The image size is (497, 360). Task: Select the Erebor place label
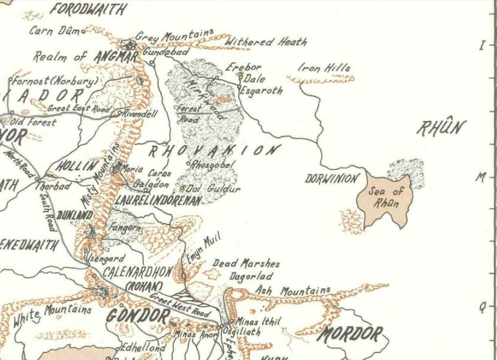coord(244,68)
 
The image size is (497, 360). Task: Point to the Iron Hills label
coord(324,68)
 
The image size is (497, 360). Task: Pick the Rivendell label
coord(140,114)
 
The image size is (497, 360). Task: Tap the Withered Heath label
coord(265,42)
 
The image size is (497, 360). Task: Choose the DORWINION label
coord(332,178)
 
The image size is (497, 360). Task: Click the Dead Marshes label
coord(246,263)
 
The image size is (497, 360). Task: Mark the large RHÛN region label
coord(441,128)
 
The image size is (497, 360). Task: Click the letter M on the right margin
coord(481,177)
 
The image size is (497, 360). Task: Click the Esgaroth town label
coord(262,91)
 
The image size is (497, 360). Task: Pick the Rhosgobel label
coord(213,164)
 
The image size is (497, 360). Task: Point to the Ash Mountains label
coord(293,291)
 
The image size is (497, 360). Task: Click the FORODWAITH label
coord(88,9)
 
